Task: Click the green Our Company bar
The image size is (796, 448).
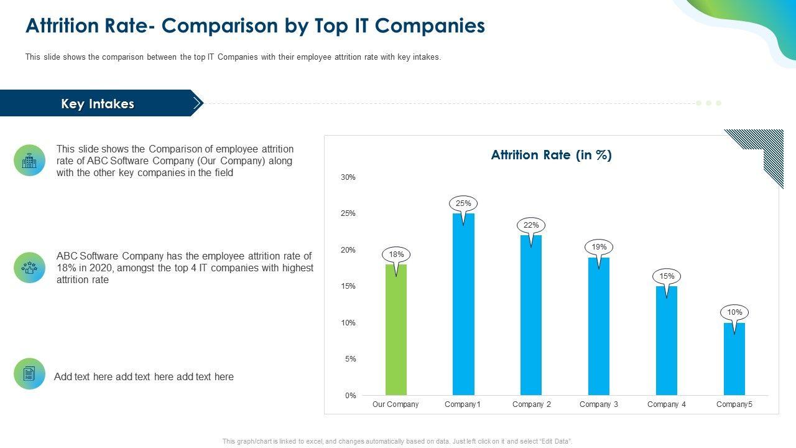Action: (396, 330)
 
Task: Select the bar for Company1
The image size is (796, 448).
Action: (463, 304)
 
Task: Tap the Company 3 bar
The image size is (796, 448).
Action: (599, 326)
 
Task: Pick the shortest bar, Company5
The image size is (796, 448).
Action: (734, 359)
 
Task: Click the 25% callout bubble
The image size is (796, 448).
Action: (463, 203)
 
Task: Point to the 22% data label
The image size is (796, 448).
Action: (530, 225)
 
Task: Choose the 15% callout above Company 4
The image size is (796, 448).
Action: (667, 276)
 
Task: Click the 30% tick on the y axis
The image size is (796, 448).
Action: (348, 177)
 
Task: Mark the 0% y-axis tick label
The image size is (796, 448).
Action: (350, 396)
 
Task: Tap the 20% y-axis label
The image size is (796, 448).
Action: (348, 250)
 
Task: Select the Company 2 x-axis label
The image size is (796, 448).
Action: (532, 404)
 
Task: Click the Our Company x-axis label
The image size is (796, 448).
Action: (396, 404)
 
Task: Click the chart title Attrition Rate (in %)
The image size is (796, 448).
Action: (552, 155)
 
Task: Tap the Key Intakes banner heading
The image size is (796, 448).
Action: (98, 104)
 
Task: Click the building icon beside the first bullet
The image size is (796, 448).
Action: (29, 161)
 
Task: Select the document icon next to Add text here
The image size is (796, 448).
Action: (29, 374)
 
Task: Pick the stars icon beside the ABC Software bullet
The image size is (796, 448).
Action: (29, 268)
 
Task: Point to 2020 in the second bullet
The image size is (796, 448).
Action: (98, 268)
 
